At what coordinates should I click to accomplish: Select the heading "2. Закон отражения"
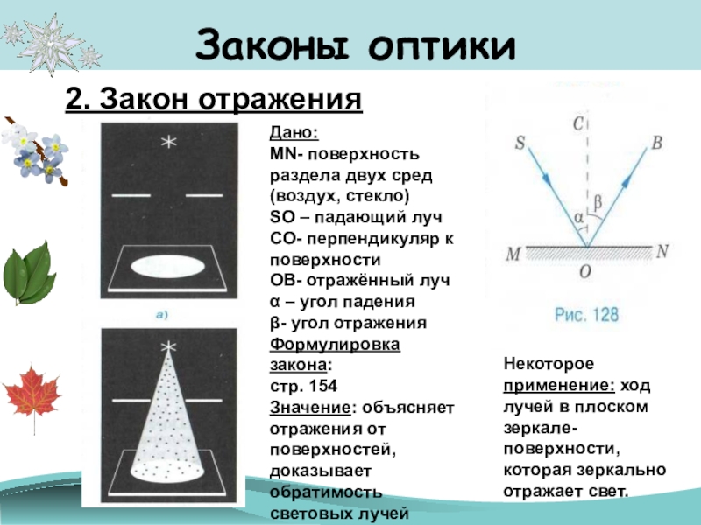214,100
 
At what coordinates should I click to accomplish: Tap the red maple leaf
32,393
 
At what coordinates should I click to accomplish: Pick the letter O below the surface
584,272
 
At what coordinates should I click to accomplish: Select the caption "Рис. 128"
584,312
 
